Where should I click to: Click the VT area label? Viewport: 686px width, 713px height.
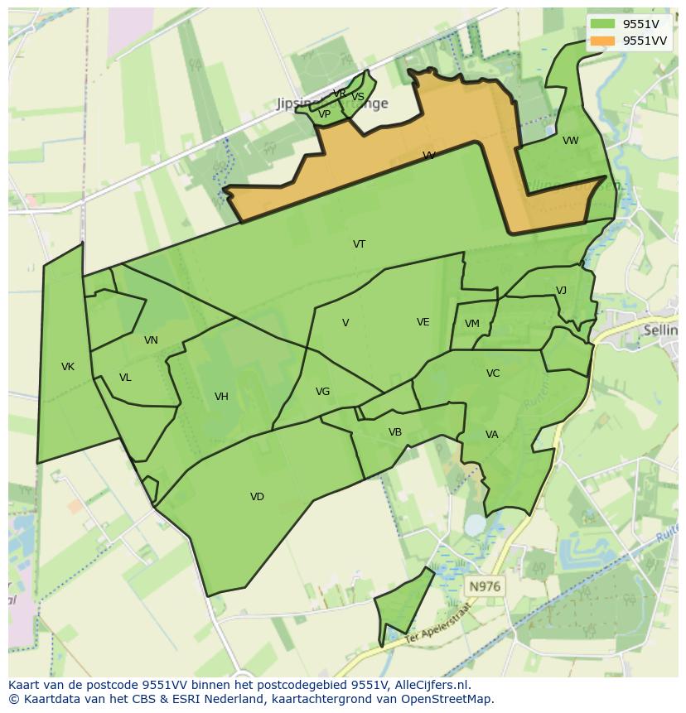click(x=359, y=244)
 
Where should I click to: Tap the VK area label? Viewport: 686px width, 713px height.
click(x=68, y=367)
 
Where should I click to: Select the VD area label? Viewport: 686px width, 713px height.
click(x=257, y=497)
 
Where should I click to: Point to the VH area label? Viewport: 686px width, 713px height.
click(x=221, y=397)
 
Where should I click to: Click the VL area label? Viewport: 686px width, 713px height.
click(x=125, y=378)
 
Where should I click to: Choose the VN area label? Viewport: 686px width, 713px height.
click(x=151, y=340)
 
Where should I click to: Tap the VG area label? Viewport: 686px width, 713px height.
click(x=322, y=392)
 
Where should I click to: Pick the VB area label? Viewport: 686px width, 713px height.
click(x=395, y=432)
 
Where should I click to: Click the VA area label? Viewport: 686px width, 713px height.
click(x=492, y=435)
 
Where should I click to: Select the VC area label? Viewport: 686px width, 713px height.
click(x=493, y=373)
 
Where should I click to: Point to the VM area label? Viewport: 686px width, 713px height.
click(x=472, y=324)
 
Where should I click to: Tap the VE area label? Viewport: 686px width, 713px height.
click(x=423, y=322)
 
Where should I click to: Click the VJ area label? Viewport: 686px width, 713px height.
click(x=561, y=291)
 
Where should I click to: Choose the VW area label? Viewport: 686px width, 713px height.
click(x=571, y=141)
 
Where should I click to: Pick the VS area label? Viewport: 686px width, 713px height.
click(x=358, y=97)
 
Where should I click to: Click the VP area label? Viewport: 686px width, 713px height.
click(x=324, y=115)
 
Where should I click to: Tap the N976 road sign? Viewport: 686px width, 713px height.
click(x=485, y=586)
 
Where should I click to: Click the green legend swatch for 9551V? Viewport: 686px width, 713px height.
click(x=603, y=24)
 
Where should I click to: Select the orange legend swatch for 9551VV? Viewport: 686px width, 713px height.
click(x=603, y=41)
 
